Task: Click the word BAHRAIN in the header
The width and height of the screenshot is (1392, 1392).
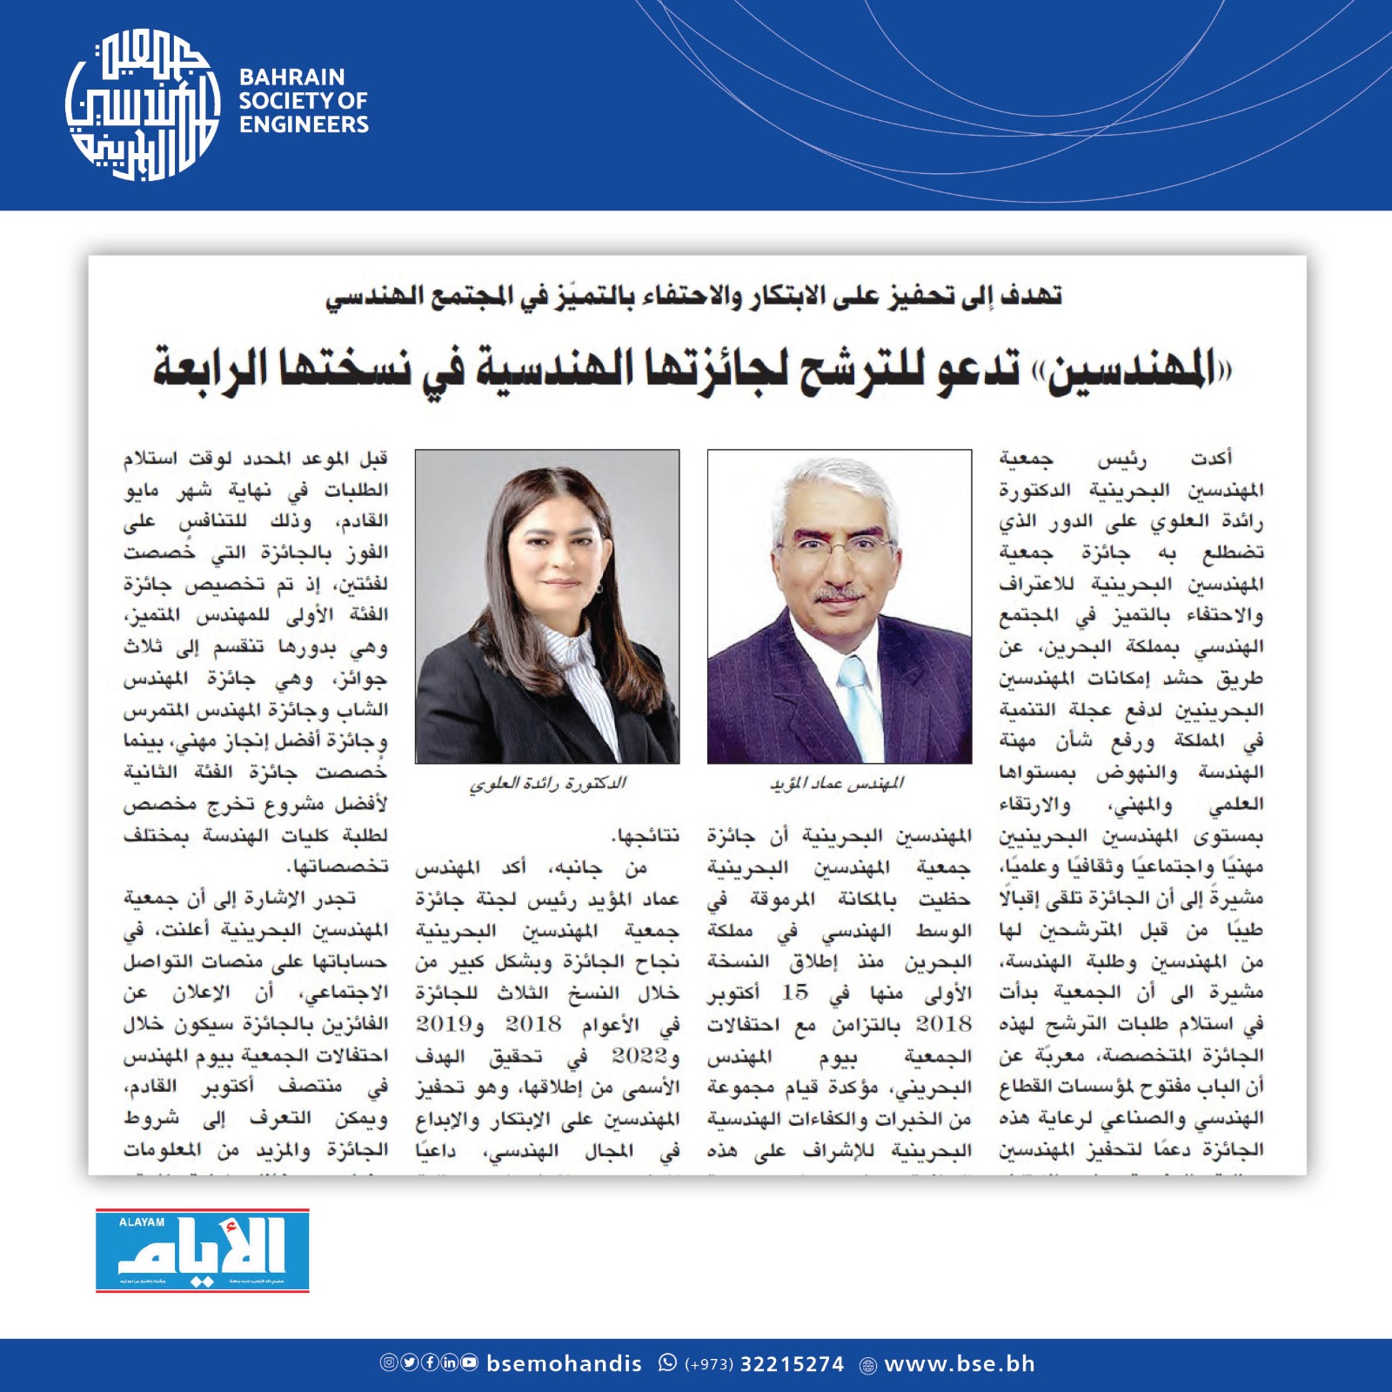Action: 292,77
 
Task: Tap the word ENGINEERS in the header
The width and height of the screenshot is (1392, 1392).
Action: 304,125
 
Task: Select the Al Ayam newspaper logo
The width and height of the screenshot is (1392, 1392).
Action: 203,1250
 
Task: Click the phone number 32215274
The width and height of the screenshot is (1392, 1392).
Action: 792,1364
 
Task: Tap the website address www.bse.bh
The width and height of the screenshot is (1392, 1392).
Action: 960,1364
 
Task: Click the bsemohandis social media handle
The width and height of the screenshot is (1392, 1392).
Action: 564,1364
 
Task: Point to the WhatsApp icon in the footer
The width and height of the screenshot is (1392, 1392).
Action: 667,1362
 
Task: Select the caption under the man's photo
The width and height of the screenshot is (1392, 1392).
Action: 837,784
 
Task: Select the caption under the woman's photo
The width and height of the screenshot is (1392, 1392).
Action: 547,784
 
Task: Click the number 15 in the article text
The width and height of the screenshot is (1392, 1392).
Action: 794,993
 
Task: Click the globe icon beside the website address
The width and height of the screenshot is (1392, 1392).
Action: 867,1366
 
